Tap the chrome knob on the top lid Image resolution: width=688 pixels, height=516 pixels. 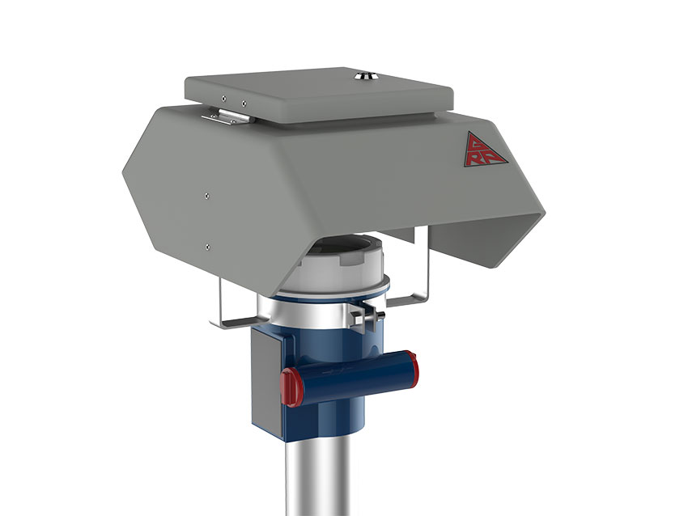point(363,77)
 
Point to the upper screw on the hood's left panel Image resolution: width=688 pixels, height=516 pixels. point(208,194)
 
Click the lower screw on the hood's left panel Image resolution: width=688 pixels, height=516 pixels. point(208,246)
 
